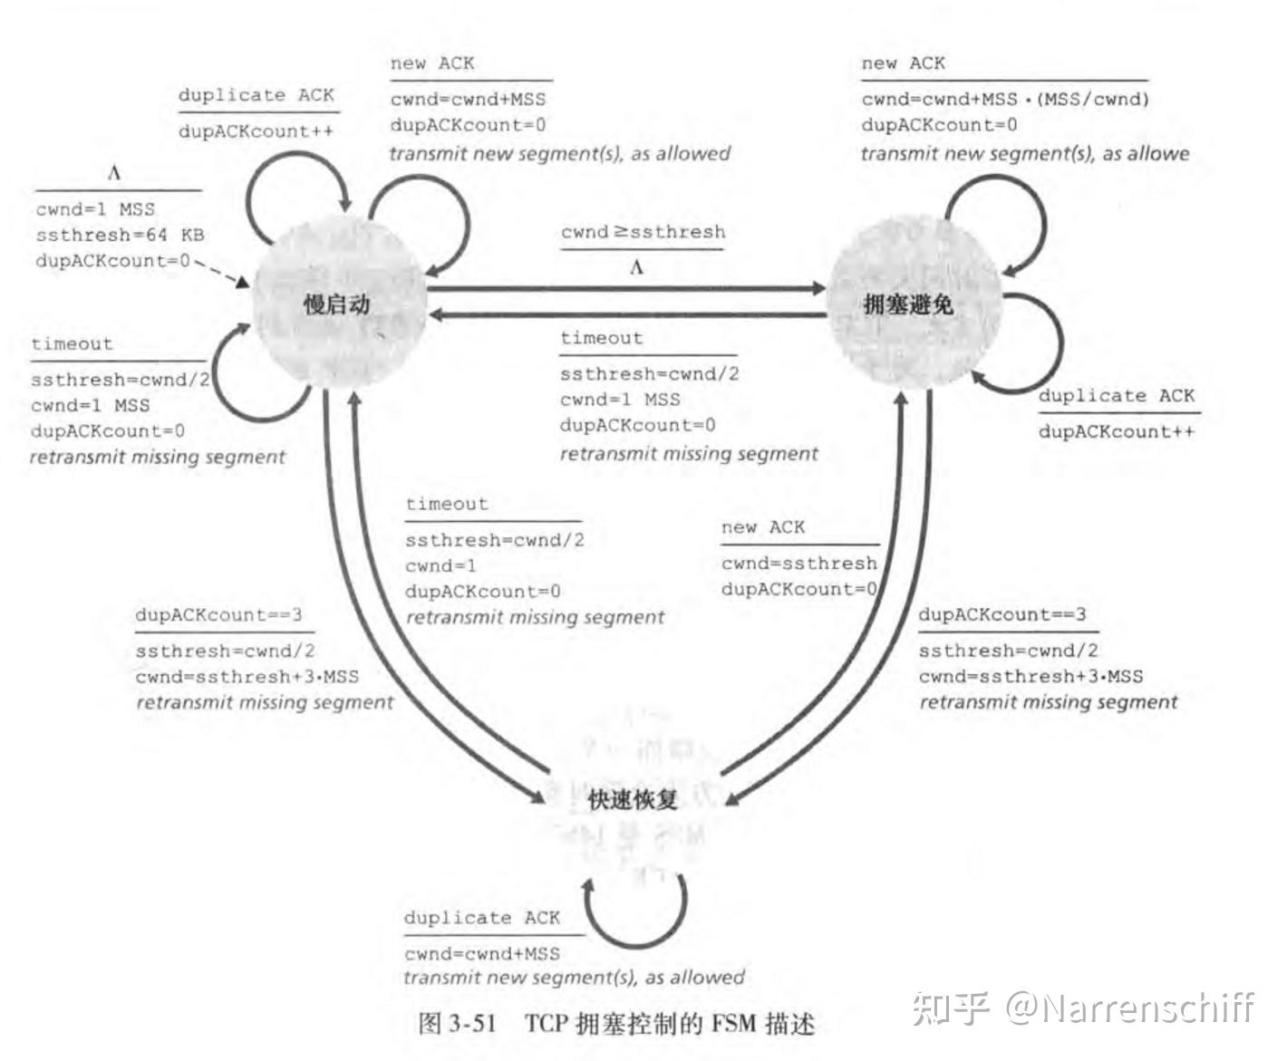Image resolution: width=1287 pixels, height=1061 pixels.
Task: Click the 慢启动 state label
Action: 336,304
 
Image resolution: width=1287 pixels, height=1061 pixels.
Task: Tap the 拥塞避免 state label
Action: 907,304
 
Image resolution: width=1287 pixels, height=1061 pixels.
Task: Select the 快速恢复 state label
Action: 633,800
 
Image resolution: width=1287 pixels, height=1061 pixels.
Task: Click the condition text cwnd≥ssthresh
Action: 643,232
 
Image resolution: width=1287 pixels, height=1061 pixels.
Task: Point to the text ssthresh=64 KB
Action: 120,236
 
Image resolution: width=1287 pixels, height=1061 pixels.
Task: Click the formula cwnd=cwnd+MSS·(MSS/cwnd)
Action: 1004,100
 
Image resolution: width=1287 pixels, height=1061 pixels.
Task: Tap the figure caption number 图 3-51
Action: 458,1024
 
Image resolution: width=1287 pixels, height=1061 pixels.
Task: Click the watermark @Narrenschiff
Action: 1129,1008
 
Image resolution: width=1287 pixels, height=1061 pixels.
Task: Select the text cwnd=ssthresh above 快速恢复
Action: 798,564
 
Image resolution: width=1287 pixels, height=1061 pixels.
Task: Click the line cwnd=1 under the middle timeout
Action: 440,566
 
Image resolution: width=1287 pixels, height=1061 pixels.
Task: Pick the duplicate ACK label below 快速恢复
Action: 481,918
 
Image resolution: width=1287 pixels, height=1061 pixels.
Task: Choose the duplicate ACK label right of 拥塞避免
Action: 1116,396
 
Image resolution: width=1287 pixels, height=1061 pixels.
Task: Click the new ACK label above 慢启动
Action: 431,63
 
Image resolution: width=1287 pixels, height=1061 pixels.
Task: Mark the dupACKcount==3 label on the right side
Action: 1002,614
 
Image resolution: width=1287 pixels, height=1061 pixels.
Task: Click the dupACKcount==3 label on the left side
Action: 218,615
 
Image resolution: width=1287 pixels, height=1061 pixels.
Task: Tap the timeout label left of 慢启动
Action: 72,344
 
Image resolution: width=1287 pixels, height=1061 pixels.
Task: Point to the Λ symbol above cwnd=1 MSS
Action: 114,173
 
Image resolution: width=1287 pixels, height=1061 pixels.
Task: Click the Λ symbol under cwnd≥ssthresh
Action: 636,267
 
